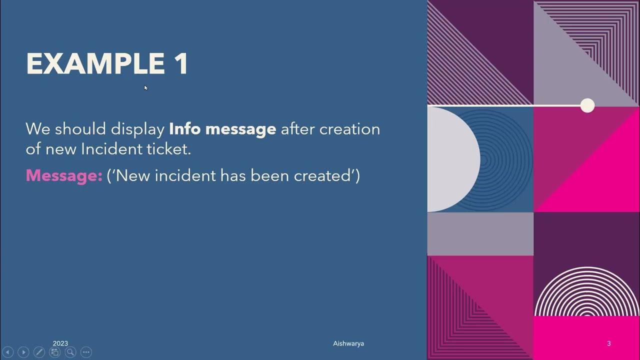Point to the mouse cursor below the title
[x=146, y=88]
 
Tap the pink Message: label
[x=64, y=175]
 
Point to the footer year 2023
[x=60, y=343]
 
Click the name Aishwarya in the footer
[x=348, y=343]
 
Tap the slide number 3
[x=608, y=343]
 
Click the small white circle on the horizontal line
[x=587, y=105]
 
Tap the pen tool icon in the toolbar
[x=39, y=352]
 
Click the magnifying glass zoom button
[x=70, y=352]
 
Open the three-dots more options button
[x=86, y=352]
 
